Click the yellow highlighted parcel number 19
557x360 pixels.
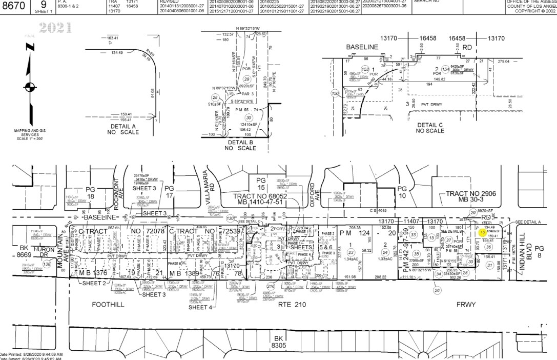(x=482, y=233)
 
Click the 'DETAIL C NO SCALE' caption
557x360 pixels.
(x=430, y=128)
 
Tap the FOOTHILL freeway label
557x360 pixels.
(x=109, y=304)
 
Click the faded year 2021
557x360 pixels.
(x=55, y=27)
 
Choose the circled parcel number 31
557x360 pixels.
(x=489, y=265)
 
